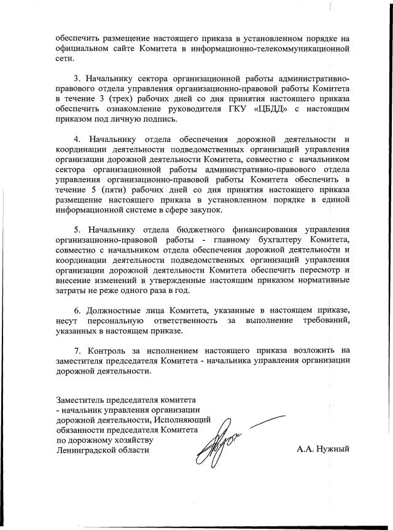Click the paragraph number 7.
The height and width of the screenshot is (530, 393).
[x=76, y=350]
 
